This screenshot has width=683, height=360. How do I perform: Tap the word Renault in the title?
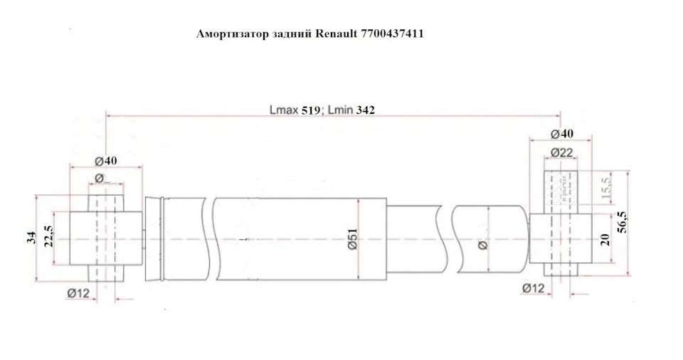[x=333, y=33]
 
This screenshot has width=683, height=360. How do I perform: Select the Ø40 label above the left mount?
[x=106, y=160]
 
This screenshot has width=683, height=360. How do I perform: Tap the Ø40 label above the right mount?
[x=562, y=134]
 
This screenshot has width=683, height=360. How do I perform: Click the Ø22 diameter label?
[x=562, y=152]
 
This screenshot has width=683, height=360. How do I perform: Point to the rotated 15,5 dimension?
[x=605, y=189]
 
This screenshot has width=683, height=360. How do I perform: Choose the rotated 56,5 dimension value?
[x=623, y=222]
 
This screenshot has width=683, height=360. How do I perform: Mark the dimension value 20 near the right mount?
[x=605, y=238]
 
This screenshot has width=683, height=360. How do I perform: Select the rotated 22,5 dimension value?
[x=48, y=235]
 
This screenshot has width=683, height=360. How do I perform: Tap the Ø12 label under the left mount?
[x=78, y=293]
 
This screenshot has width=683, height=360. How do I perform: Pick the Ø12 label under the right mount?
[x=533, y=287]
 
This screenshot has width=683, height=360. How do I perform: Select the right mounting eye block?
[x=562, y=238]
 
